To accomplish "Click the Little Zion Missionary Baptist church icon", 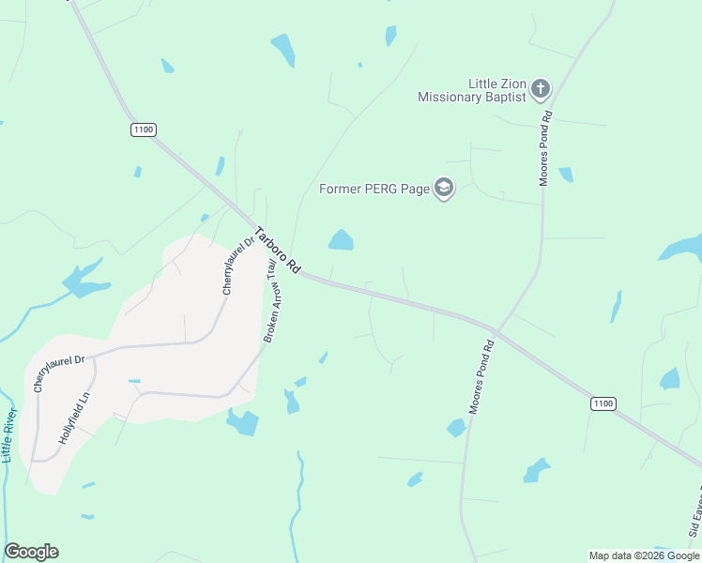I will [540, 89].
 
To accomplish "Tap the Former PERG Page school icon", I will [443, 189].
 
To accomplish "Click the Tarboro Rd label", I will [277, 251].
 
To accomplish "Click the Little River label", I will [10, 435].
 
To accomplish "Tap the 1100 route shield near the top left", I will [144, 130].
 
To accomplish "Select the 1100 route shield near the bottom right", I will [603, 403].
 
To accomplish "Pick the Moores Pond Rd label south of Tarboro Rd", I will [481, 378].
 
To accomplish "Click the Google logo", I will [31, 552].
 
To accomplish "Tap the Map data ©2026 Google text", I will [644, 555].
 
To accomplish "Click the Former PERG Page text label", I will [374, 189].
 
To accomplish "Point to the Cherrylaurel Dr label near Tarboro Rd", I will [238, 266].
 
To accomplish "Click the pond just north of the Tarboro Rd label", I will [341, 240].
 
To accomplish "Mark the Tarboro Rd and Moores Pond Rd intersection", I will [495, 328].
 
